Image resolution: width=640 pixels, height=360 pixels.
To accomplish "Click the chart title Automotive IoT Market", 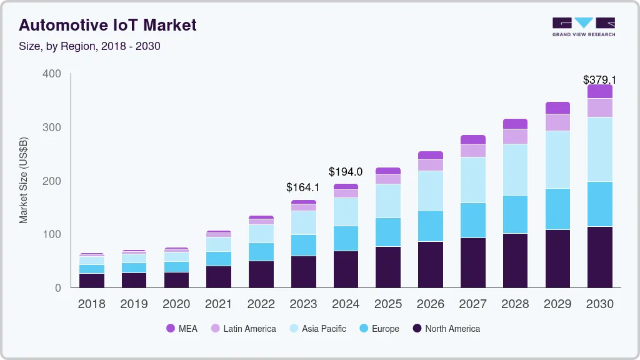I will pos(107,25).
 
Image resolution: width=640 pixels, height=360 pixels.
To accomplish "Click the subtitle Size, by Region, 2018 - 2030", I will pos(90,46).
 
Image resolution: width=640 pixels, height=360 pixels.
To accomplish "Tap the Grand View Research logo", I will pos(583,26).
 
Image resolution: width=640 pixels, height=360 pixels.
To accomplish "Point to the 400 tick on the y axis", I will pos(52,74).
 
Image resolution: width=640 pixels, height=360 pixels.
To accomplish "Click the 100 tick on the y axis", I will pos(52,234).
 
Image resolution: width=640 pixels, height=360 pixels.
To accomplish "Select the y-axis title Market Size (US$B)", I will pos(24,181).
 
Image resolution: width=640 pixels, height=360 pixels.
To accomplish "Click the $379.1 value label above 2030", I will pos(599,80).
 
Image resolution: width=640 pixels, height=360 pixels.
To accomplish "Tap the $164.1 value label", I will pos(302,187).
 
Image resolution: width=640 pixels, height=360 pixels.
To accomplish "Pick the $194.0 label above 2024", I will pos(346,172).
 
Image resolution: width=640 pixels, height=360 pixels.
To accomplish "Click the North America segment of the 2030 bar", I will pos(599,257).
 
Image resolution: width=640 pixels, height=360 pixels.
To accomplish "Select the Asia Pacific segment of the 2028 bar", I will pos(515,169).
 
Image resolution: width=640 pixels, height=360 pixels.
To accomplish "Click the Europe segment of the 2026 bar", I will pos(430,226).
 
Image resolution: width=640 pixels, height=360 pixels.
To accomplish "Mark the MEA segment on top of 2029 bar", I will pos(557,107).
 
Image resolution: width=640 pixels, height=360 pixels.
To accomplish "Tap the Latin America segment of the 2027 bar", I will pos(472,151).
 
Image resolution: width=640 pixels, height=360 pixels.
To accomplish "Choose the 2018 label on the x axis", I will pos(91,304).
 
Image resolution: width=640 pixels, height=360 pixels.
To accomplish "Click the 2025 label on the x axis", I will pos(388,304).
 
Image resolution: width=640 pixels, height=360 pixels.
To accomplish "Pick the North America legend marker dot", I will pos(416,329).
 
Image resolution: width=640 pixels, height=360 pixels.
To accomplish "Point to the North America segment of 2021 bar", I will pos(219,276).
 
